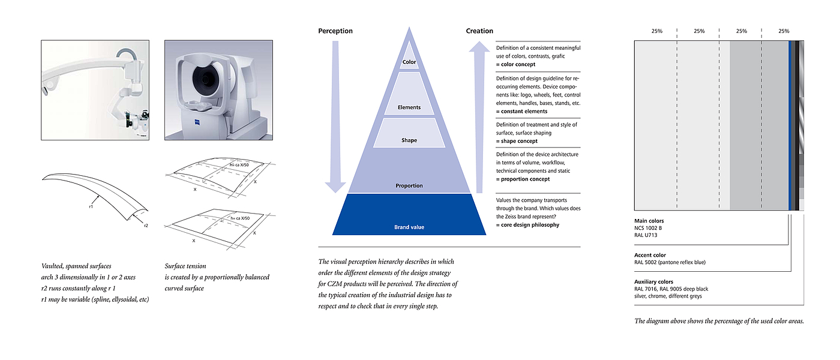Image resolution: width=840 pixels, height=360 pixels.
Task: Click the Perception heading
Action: (335, 31)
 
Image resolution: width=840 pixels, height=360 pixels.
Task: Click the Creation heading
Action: (479, 31)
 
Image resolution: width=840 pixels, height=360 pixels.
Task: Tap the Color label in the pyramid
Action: (409, 62)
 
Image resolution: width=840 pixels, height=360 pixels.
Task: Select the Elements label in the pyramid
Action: (409, 107)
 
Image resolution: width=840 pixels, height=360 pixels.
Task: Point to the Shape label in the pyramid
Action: (409, 140)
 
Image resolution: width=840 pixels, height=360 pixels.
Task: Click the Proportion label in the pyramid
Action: (409, 185)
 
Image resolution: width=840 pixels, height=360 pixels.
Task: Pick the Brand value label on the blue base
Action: (409, 227)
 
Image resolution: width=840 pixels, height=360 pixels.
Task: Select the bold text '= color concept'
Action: (516, 64)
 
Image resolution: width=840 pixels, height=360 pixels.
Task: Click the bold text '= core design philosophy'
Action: (527, 224)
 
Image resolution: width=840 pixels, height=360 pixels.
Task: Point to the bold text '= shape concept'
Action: (517, 141)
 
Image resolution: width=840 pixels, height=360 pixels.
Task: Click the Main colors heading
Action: (649, 221)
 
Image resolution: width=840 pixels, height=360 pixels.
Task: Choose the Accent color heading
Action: (650, 255)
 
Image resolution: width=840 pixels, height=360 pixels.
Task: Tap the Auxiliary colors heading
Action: (653, 281)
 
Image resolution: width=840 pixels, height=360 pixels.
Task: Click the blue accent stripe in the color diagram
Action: (790, 126)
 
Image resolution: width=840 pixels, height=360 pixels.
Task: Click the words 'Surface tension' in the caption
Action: (185, 266)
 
